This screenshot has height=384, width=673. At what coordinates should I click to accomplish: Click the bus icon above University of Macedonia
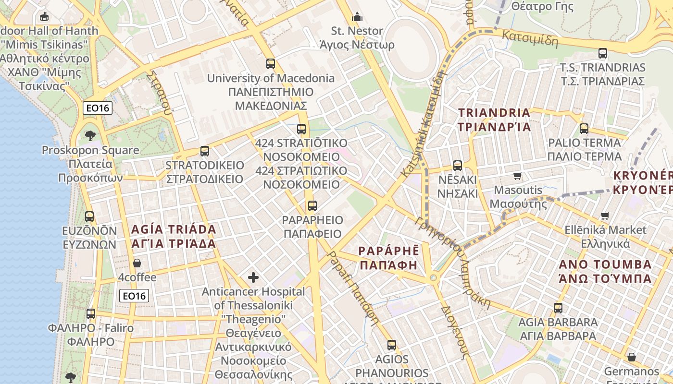(x=271, y=63)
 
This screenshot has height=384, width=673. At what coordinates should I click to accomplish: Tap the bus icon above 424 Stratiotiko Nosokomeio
(x=301, y=129)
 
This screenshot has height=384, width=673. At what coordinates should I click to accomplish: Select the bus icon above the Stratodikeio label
(x=205, y=151)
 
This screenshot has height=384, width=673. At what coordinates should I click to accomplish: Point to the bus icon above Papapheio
(x=312, y=206)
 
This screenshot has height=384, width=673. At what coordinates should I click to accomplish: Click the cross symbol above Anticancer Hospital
(x=253, y=277)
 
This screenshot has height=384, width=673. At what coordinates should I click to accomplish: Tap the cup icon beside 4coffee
(x=137, y=263)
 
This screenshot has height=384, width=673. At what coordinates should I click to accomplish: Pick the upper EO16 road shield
(x=98, y=108)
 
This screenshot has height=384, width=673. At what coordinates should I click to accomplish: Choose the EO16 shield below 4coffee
(x=134, y=296)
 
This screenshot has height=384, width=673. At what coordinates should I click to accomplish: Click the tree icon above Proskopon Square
(x=90, y=136)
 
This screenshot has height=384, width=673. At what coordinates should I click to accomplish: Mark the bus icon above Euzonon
(x=89, y=216)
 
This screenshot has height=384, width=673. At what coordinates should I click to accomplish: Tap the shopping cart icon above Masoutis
(x=518, y=176)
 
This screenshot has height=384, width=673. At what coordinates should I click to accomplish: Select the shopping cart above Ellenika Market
(x=605, y=216)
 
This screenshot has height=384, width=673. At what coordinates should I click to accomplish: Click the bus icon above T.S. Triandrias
(x=603, y=53)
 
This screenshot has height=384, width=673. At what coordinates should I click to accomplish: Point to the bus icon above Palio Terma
(x=584, y=129)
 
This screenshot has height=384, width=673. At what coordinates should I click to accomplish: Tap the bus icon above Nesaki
(x=458, y=166)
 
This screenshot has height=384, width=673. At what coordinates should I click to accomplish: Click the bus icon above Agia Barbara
(x=558, y=308)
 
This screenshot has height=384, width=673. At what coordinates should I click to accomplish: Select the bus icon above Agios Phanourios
(x=392, y=345)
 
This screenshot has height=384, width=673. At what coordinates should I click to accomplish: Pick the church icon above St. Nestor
(x=357, y=17)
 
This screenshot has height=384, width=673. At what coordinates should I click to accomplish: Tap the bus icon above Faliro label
(x=91, y=314)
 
